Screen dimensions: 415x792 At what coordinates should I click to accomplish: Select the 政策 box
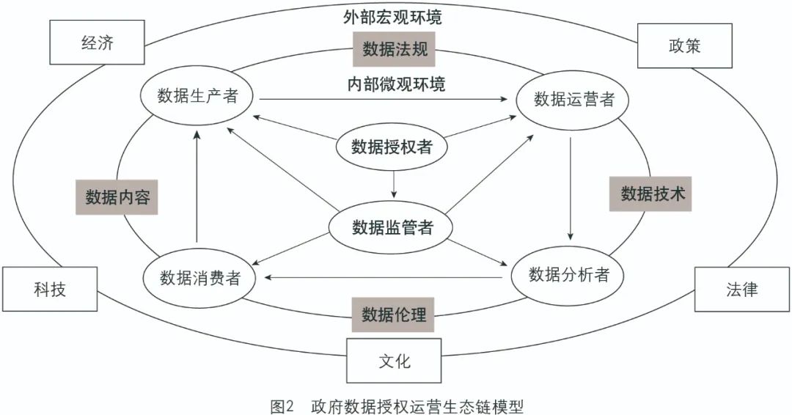point(684,46)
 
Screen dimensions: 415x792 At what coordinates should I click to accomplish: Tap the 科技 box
point(49,289)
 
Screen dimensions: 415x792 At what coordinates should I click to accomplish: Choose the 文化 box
point(395,361)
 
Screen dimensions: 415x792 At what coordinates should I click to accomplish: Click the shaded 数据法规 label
point(395,49)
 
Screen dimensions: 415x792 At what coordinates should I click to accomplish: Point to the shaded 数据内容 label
point(117,197)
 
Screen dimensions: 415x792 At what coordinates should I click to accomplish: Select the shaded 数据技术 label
point(651,194)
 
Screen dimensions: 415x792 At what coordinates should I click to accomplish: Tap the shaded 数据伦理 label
point(394,315)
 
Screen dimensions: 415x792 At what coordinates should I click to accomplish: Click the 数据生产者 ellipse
point(197,97)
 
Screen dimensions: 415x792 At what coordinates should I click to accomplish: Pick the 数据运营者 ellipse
point(574,100)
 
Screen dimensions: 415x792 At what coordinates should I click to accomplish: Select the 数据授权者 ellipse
point(392,147)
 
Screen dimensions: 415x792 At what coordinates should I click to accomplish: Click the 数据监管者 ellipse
point(392,227)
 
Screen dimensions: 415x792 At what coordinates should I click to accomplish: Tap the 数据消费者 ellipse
point(199,277)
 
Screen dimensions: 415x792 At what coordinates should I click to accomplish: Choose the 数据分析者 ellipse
point(569,275)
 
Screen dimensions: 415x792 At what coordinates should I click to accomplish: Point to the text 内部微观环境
point(396,84)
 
